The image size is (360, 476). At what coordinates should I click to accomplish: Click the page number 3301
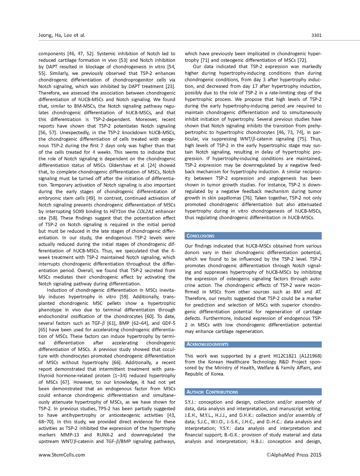tap(316, 35)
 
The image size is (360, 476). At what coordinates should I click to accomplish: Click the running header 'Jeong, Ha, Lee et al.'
tap(62, 35)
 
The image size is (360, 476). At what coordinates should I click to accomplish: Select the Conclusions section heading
tap(200, 236)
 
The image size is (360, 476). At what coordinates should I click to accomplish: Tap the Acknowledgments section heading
tap(207, 344)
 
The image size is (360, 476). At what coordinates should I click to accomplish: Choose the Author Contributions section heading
tap(212, 392)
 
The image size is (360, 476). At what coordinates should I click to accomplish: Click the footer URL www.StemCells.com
tap(62, 455)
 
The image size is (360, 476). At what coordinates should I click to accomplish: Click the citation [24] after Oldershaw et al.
tap(152, 165)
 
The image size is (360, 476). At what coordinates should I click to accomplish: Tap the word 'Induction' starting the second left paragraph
tap(57, 290)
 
